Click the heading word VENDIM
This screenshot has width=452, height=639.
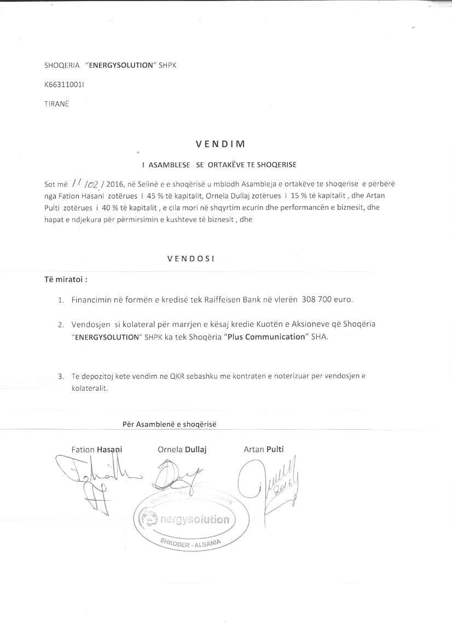coord(221,144)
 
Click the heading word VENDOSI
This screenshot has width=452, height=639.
coord(191,259)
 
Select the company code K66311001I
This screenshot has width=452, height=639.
coord(64,85)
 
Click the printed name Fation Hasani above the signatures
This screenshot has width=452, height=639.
coord(96,449)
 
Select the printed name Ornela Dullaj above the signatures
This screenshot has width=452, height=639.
coord(182,449)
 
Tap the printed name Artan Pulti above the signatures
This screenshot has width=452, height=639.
coord(263,449)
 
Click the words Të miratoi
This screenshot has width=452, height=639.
coord(65,279)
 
